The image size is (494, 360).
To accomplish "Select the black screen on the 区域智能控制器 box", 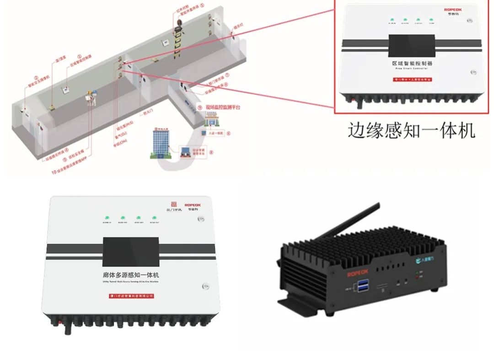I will [x=412, y=46].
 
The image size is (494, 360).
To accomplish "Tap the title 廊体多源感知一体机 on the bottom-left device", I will [x=131, y=275].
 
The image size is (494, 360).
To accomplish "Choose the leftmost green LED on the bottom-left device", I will [x=107, y=218].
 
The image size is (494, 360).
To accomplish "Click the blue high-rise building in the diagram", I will [x=161, y=140].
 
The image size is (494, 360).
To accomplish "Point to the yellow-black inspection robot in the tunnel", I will [x=177, y=39].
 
